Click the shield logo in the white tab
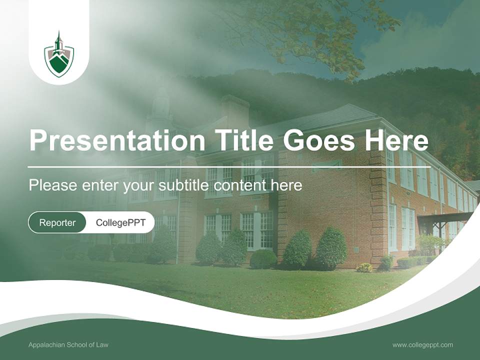[59, 56]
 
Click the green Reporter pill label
[57, 222]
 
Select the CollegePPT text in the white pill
[120, 222]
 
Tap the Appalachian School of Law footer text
[68, 344]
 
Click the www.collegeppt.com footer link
[422, 344]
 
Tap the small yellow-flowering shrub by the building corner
[364, 267]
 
